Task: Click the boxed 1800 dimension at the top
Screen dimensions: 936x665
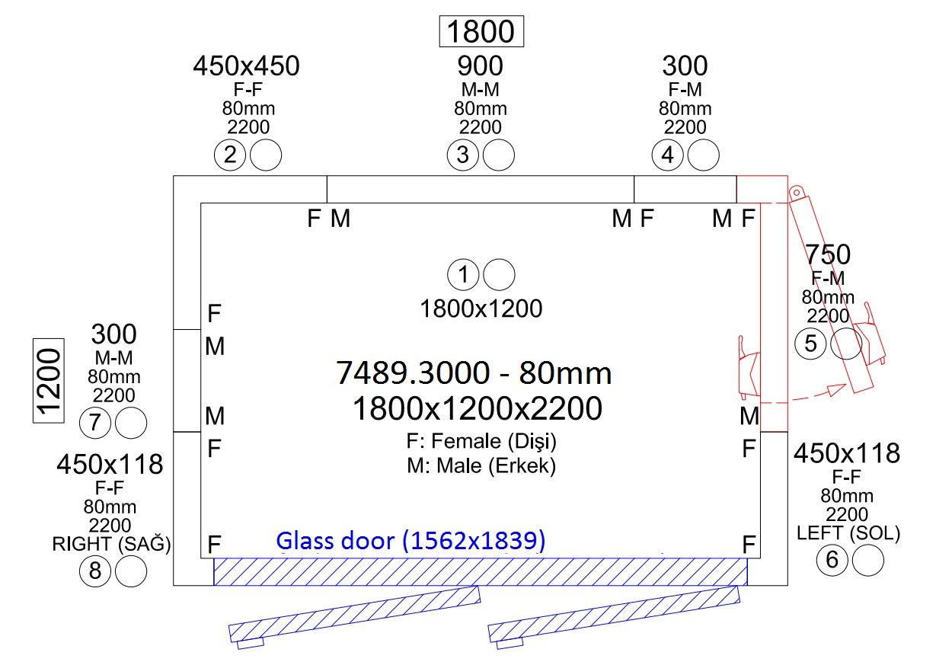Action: tap(481, 31)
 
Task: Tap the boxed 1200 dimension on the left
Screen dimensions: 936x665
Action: tap(49, 381)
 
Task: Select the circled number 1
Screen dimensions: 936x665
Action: tap(463, 275)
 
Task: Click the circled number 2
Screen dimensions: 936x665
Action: tap(230, 155)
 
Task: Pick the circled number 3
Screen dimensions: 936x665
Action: tap(462, 155)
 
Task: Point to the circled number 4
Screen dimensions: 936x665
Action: tap(667, 155)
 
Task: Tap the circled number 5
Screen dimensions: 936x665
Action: tap(810, 344)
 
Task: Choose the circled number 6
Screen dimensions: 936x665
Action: tap(832, 560)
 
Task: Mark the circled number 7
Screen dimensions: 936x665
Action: tap(95, 423)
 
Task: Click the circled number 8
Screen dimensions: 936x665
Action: tap(95, 571)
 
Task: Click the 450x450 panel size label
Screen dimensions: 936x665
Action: tap(247, 66)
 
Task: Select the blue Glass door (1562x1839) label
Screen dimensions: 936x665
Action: tap(410, 540)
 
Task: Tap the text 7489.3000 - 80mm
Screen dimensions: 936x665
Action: tap(474, 372)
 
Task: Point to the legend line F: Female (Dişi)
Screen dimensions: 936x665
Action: tap(481, 441)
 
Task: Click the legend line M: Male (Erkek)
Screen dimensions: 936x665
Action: tap(481, 465)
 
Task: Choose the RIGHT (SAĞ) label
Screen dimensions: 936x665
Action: tap(111, 544)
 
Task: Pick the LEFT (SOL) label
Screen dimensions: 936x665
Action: tap(848, 533)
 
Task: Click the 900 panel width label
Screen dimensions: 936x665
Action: tap(480, 66)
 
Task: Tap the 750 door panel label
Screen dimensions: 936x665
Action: tap(828, 254)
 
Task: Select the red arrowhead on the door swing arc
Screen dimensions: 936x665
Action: tap(837, 389)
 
